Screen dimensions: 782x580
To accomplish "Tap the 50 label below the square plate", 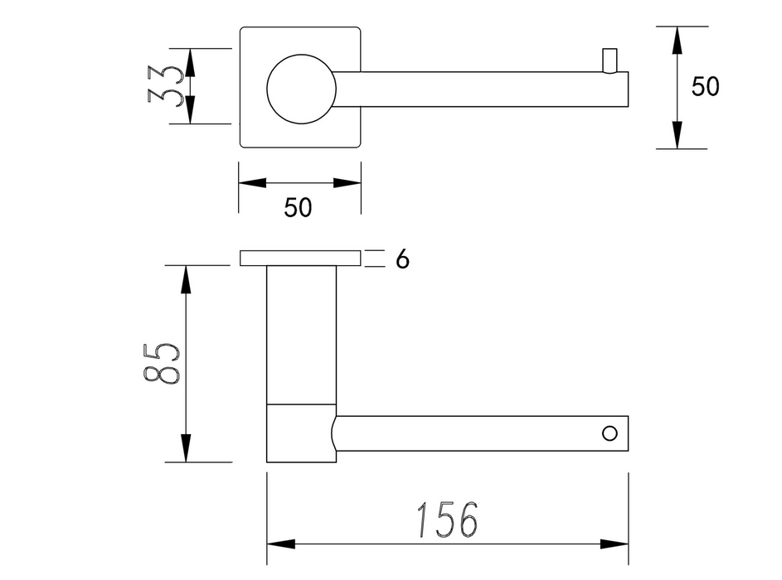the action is (298, 207).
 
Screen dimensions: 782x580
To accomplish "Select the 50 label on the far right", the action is (705, 86).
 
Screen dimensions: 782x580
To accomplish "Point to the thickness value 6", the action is (402, 259).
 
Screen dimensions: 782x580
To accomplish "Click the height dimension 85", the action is (161, 363).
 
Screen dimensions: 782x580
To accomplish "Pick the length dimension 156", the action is (447, 520).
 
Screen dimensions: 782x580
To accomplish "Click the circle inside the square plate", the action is (301, 89).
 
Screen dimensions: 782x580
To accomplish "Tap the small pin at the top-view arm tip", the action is (610, 60).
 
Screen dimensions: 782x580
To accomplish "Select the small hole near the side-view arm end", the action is (610, 433).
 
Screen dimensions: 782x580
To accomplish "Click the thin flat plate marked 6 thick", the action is (300, 259).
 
